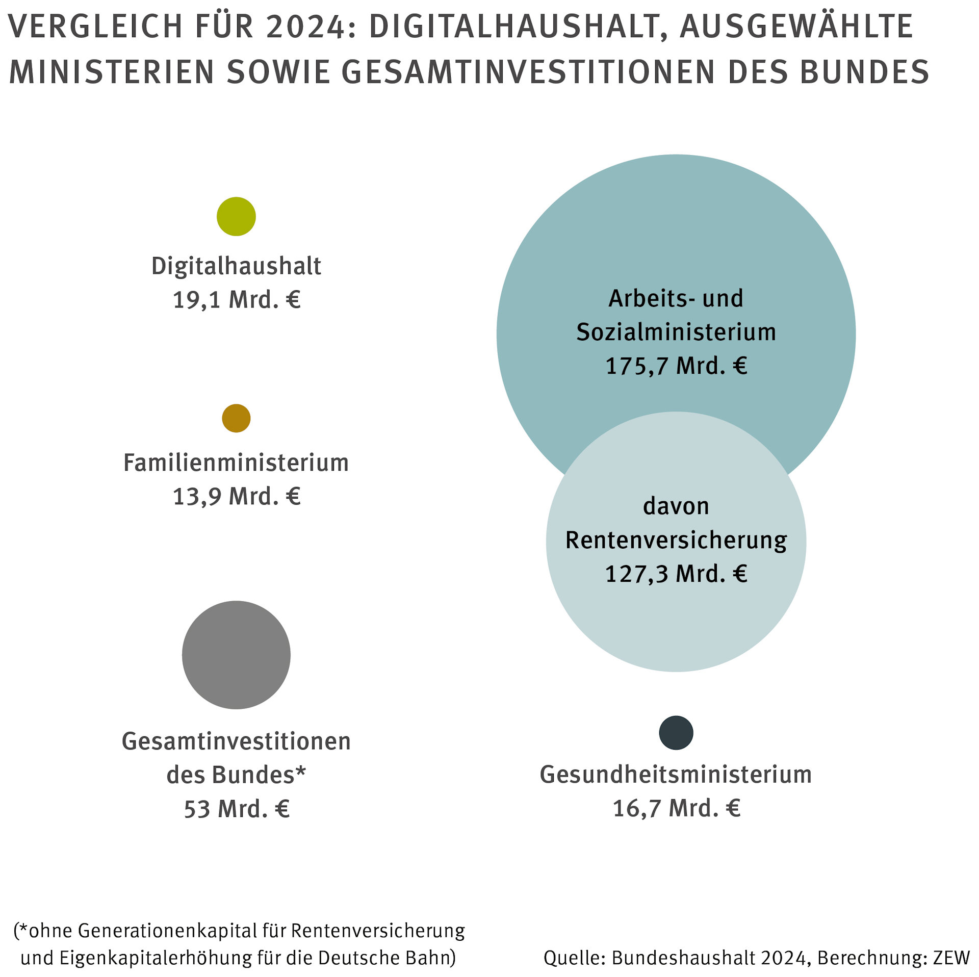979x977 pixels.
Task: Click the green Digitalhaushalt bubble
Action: [x=236, y=216]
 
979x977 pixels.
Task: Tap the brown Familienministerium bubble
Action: [x=236, y=418]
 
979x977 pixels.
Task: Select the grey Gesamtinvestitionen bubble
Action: [x=236, y=655]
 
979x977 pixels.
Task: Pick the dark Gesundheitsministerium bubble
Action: [x=676, y=733]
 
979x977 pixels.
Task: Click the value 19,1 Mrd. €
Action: [x=237, y=299]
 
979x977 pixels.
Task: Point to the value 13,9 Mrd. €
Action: [x=237, y=496]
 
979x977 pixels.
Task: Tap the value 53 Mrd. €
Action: [x=237, y=809]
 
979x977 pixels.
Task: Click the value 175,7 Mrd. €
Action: [x=676, y=366]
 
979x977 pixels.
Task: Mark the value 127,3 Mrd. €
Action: [x=676, y=574]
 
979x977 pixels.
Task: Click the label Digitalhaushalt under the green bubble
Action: [x=236, y=266]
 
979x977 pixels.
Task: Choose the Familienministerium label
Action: [x=236, y=463]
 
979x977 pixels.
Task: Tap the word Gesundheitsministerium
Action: [x=676, y=775]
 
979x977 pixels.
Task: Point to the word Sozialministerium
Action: [x=676, y=332]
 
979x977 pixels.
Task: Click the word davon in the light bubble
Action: [x=676, y=506]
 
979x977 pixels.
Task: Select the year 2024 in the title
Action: [x=305, y=27]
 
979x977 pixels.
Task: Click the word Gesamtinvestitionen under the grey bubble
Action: [x=236, y=741]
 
